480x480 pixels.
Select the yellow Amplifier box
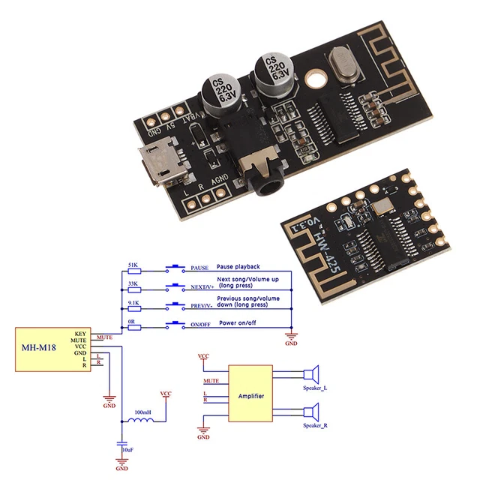coord(251,395)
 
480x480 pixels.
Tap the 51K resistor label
coord(133,264)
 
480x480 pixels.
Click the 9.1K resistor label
coord(133,303)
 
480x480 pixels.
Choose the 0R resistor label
coord(133,322)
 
